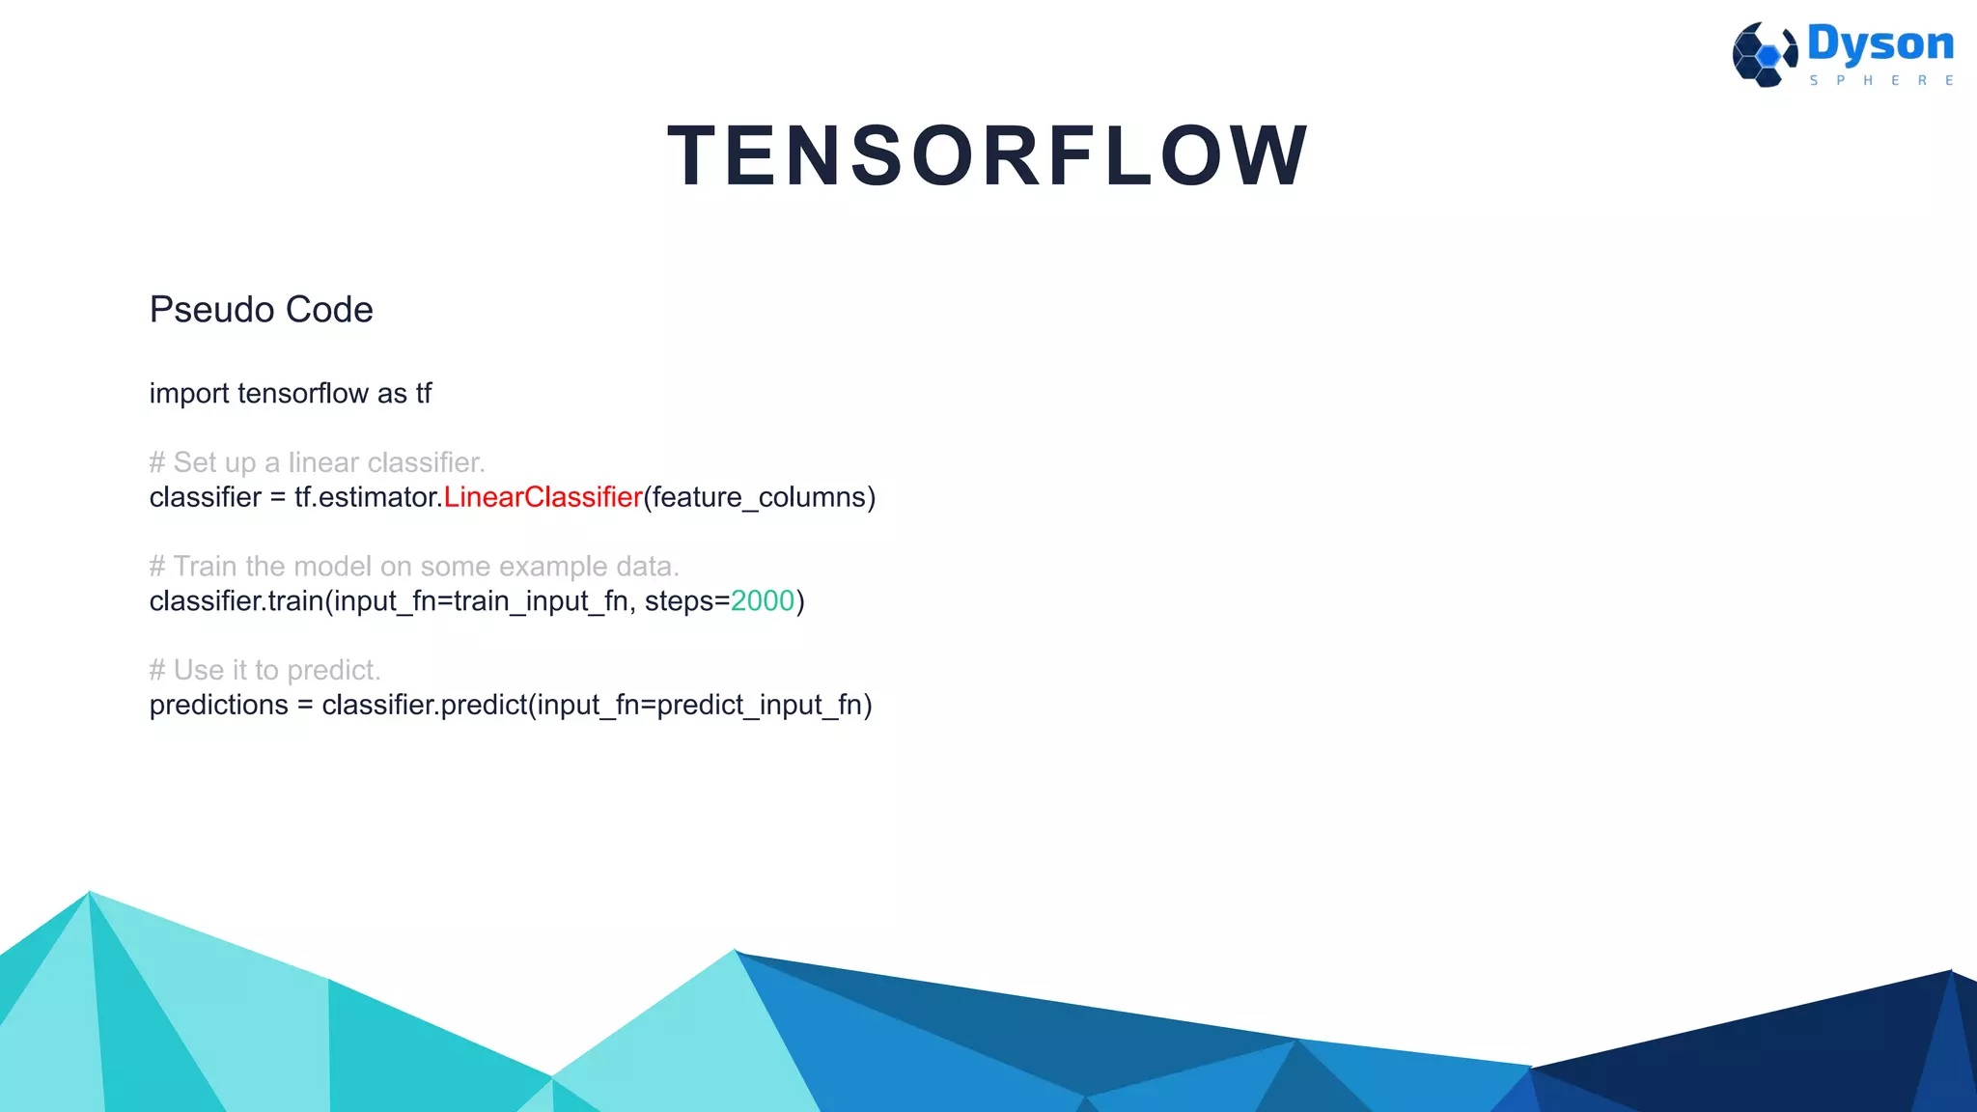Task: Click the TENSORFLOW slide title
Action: (988, 156)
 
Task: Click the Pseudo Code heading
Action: (261, 310)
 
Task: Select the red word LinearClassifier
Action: (543, 497)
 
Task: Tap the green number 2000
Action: (762, 601)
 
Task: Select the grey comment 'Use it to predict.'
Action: (265, 670)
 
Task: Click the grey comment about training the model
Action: (414, 567)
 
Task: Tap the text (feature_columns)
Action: (760, 497)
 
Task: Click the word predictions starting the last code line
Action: (218, 705)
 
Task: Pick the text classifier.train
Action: (236, 601)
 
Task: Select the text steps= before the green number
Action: (686, 601)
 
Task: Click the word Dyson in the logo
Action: (1880, 44)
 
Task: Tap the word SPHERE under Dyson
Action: (1880, 81)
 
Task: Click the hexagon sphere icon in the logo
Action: (1764, 55)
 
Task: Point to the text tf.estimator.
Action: (368, 497)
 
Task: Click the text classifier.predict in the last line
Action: (424, 705)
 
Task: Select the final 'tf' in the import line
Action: (424, 394)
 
